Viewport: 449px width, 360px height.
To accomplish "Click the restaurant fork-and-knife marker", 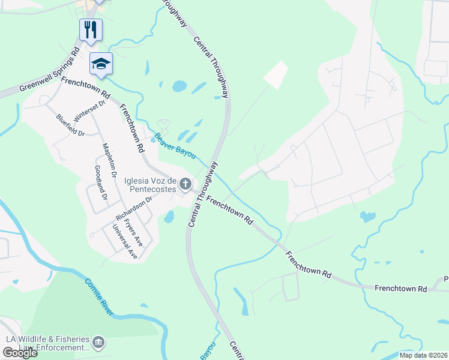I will coord(91,29).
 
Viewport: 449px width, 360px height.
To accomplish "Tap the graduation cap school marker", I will coord(101,63).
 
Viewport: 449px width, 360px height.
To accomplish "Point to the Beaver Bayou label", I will coord(175,146).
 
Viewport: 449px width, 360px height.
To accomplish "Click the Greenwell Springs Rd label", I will coord(49,71).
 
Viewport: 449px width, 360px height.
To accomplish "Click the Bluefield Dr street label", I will coord(71,125).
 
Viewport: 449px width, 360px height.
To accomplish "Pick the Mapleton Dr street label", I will coord(109,161).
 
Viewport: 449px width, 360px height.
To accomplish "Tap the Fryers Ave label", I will coord(133,230).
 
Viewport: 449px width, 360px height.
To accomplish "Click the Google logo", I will coord(20,353).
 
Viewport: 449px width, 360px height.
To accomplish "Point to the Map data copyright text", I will coord(423,355).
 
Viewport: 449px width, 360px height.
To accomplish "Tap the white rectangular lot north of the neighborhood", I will coord(276,76).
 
